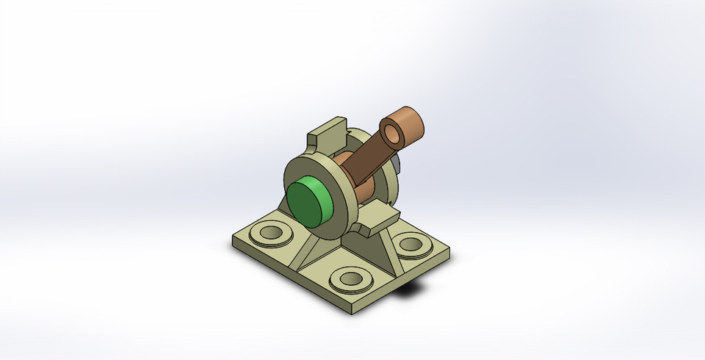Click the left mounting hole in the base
click(x=270, y=234)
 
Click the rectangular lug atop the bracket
click(x=325, y=133)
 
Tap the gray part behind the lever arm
click(x=396, y=161)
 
